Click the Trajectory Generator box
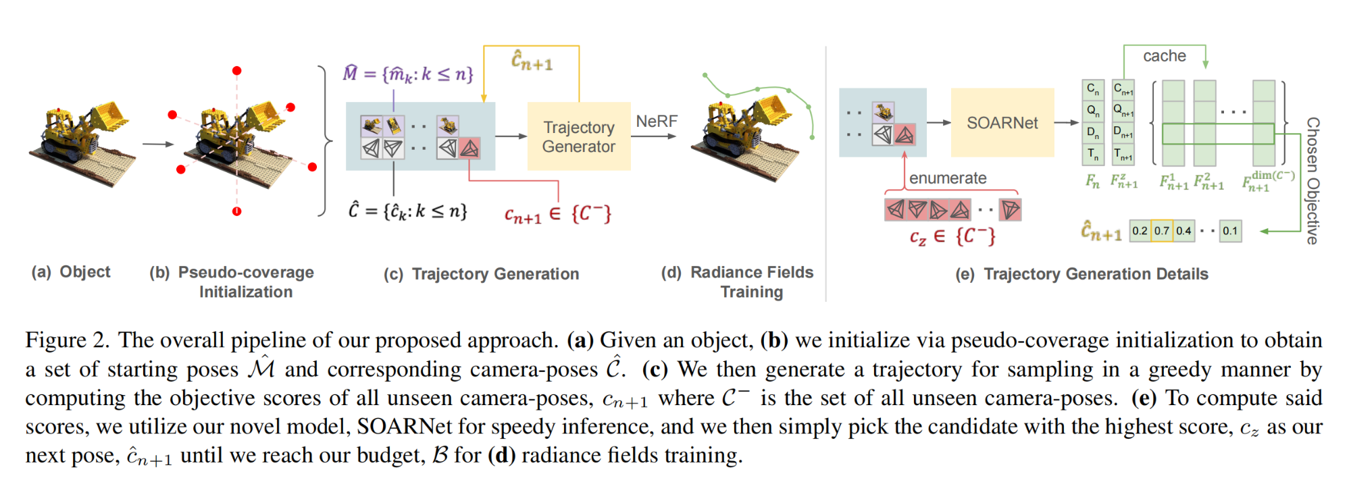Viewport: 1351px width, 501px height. point(578,136)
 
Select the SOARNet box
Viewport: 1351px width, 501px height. point(1002,123)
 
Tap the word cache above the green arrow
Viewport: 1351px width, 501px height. point(1164,56)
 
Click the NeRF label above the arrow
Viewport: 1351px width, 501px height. point(656,122)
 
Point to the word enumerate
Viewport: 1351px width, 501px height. point(947,178)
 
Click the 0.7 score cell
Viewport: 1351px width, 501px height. point(1162,231)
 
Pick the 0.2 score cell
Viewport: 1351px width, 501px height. point(1140,231)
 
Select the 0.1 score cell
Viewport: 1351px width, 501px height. point(1230,231)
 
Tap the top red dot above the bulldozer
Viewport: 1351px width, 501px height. point(236,71)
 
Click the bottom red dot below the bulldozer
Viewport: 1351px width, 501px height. point(236,211)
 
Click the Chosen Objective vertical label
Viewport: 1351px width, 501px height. point(1312,180)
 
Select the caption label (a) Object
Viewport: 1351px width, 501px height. point(71,272)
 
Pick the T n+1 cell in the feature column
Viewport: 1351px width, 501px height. point(1123,155)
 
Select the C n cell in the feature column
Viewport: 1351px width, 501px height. point(1093,89)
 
